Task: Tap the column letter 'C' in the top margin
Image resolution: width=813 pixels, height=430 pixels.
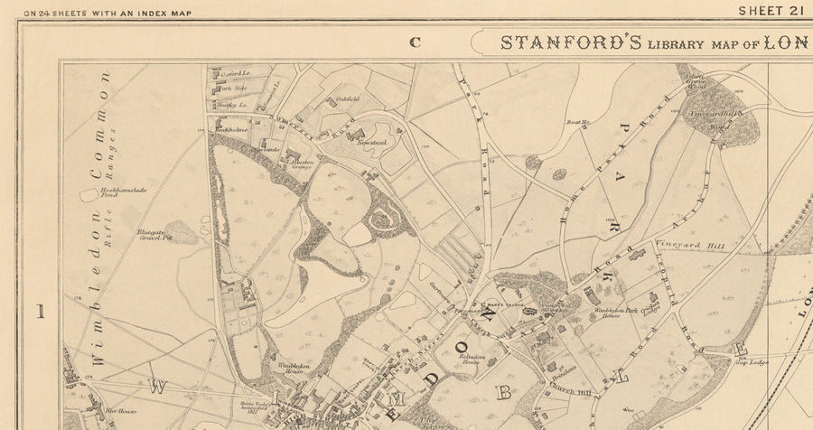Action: pyautogui.click(x=416, y=41)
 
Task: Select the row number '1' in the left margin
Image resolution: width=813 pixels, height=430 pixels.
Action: pyautogui.click(x=40, y=312)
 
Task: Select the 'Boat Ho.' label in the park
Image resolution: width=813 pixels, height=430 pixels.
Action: pyautogui.click(x=578, y=121)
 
